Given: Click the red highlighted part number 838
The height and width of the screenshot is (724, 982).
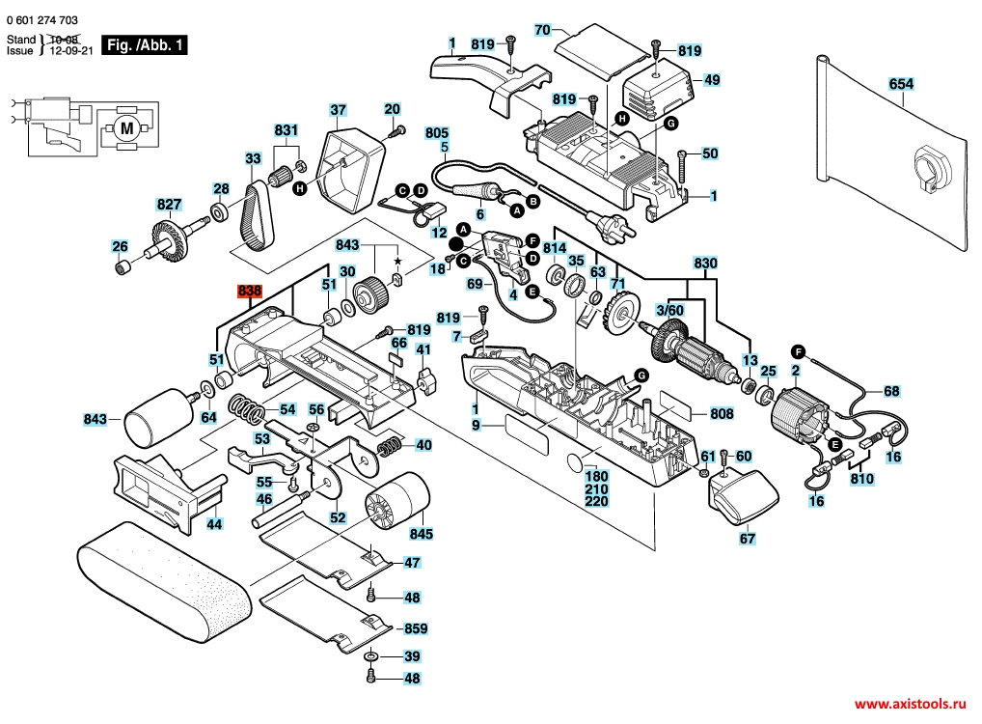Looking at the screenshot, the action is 249,292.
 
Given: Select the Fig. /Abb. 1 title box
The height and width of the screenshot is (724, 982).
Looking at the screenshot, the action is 145,45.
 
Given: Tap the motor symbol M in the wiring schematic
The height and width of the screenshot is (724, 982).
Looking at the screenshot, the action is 127,128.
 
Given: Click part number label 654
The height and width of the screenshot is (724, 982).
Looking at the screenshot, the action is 901,84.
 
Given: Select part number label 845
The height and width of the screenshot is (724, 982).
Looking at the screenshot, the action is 421,534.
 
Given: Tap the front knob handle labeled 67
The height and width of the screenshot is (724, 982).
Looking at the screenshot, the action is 744,495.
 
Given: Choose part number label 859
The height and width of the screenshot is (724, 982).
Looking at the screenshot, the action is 416,628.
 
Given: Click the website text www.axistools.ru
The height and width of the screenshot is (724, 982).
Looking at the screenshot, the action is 910,705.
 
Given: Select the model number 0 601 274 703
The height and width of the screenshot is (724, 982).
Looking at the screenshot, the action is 41,20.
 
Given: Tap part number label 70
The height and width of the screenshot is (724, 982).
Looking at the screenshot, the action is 542,30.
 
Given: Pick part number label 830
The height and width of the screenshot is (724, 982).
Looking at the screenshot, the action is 705,264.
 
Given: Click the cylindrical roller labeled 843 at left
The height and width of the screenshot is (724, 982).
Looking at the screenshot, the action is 158,417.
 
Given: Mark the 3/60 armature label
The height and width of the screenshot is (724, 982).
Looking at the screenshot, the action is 669,310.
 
